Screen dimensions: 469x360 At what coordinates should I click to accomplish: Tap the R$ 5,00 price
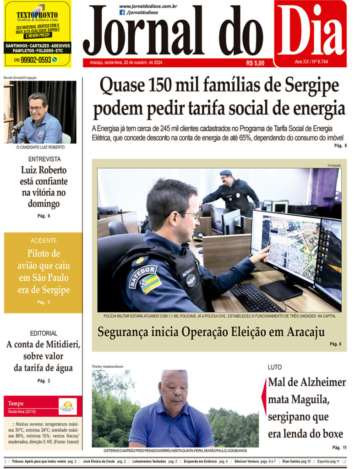(255, 63)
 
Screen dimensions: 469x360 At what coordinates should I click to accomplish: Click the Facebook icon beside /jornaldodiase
(122, 12)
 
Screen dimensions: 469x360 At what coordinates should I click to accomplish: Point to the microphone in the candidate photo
(17, 126)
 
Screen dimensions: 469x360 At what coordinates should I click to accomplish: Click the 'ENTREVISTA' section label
(44, 159)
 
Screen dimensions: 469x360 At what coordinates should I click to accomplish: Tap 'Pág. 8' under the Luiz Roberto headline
(44, 216)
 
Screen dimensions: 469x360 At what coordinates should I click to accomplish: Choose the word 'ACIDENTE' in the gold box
(44, 240)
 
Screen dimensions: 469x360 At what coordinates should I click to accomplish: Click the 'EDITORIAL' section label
(44, 333)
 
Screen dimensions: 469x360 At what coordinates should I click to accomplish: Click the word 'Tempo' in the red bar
(16, 404)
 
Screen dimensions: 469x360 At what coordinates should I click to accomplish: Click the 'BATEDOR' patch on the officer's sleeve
(143, 276)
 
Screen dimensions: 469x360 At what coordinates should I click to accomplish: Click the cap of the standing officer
(226, 173)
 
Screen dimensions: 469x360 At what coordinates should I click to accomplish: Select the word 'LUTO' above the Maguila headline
(275, 367)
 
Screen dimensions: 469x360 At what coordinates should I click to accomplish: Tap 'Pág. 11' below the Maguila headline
(339, 447)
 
